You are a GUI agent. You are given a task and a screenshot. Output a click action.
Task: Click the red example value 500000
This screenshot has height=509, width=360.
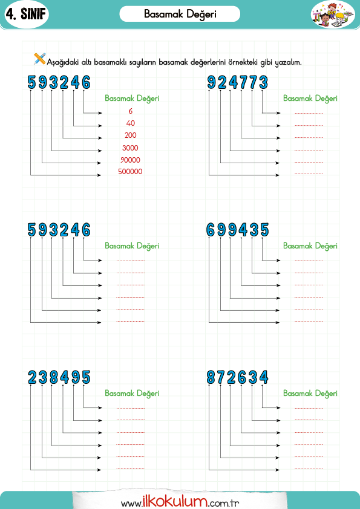[x=130, y=172]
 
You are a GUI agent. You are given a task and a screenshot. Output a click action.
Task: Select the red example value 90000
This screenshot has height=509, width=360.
[x=130, y=160]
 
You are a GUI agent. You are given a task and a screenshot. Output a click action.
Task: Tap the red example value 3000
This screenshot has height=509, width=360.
[x=130, y=148]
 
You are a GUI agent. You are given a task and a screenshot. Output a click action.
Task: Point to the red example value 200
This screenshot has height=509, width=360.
[x=130, y=135]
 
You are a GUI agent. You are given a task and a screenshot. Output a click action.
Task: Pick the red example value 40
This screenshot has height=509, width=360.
[x=130, y=123]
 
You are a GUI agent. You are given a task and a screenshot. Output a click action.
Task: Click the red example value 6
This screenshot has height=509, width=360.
[x=130, y=111]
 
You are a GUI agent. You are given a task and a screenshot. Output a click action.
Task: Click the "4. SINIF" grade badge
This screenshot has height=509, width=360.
[x=26, y=15]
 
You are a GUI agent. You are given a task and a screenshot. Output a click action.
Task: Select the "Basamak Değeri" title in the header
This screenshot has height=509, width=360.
[x=180, y=15]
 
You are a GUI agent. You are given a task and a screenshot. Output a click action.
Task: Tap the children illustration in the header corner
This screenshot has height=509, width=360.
[x=333, y=15]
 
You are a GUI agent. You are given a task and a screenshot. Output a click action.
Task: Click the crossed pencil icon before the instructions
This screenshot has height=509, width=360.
[x=40, y=59]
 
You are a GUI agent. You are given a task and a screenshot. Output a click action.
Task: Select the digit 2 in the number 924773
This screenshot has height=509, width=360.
[x=223, y=82]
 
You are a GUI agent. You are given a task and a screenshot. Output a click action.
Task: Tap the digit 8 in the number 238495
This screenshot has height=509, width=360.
[x=54, y=377]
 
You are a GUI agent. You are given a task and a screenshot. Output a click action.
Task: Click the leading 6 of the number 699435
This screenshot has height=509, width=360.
[x=211, y=230]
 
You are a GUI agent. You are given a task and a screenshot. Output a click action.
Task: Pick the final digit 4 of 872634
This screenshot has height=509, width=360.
[x=264, y=377]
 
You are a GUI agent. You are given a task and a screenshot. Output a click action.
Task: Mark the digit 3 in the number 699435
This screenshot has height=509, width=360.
[x=254, y=230]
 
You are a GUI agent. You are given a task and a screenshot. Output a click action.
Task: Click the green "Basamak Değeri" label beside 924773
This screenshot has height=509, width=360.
[x=310, y=99]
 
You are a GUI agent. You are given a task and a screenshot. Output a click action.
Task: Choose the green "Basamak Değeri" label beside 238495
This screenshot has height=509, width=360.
[x=132, y=394]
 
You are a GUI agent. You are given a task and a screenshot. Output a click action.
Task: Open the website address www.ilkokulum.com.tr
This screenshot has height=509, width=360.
[x=180, y=502]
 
